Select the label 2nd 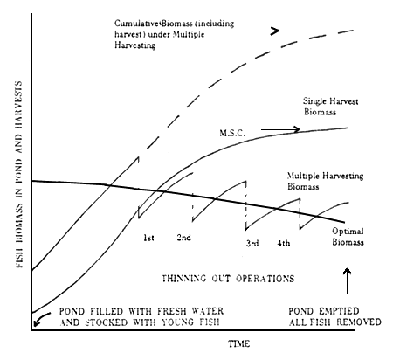tap(185, 237)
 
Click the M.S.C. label tap(231, 133)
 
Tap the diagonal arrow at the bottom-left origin tap(39, 322)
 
